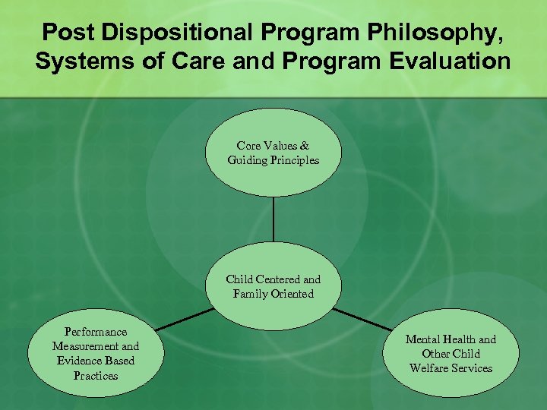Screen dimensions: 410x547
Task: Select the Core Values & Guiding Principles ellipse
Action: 273,153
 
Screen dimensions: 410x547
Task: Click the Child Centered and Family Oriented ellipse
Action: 273,287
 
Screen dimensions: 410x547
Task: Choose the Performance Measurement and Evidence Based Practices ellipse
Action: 96,354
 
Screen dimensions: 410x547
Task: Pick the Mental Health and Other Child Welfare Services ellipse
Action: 451,354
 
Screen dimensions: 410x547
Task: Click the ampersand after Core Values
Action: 305,146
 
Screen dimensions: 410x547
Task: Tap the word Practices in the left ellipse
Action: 96,376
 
